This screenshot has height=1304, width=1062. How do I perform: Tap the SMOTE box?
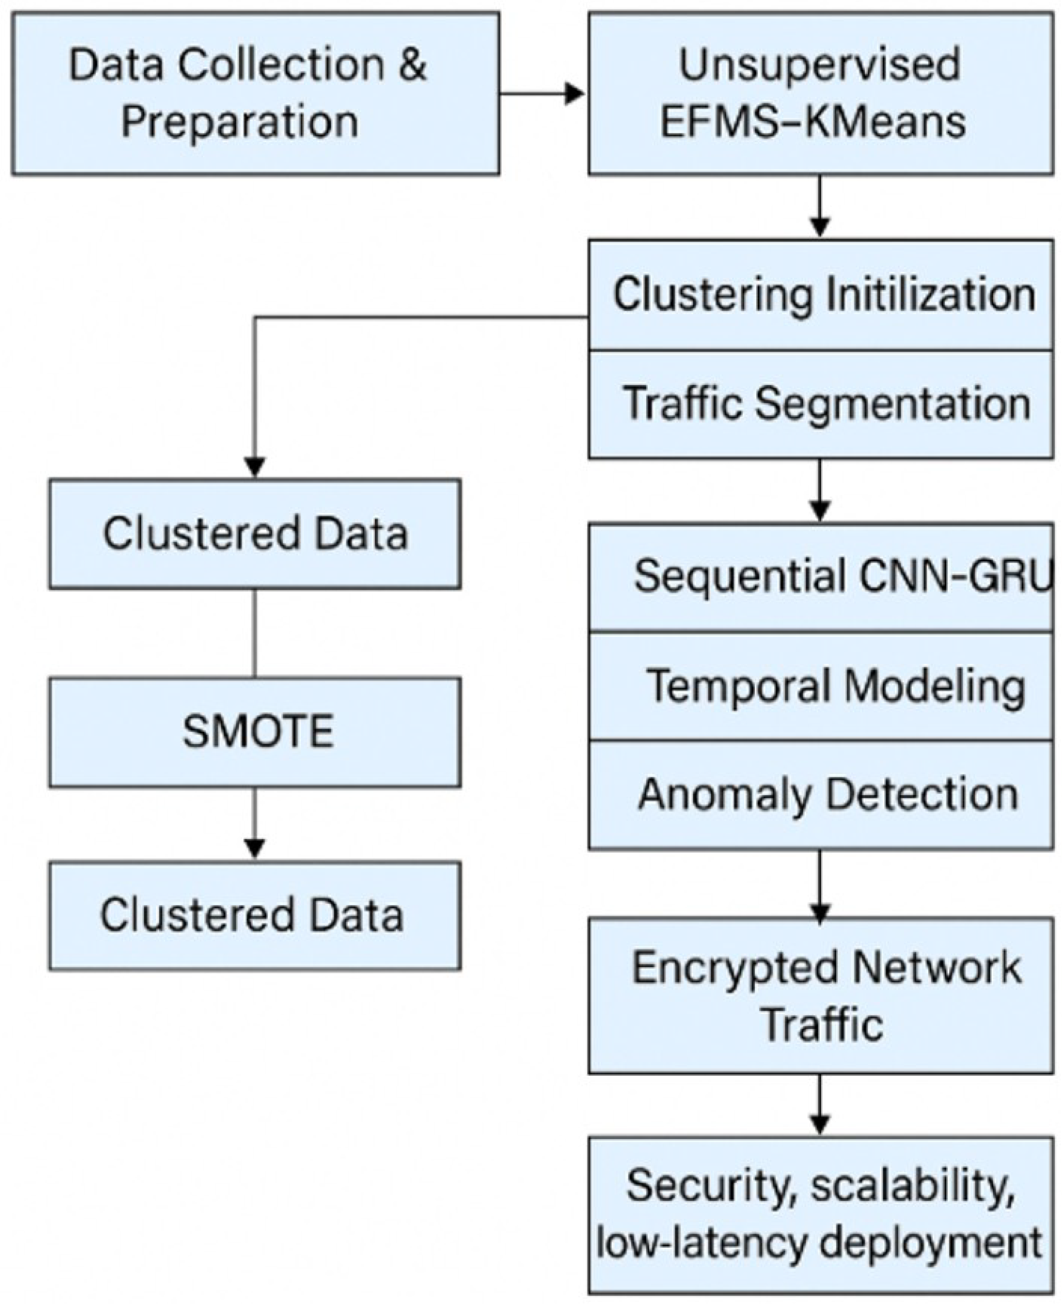(x=255, y=732)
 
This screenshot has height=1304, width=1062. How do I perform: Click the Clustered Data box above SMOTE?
(x=255, y=534)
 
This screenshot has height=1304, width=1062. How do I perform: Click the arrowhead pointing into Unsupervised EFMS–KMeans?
(x=574, y=94)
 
